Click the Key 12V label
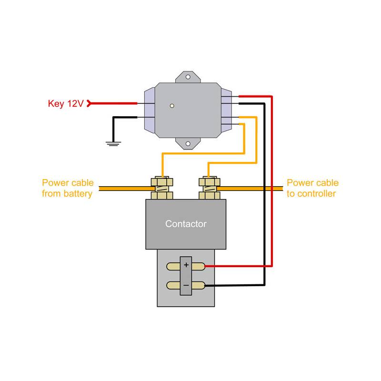(x=66, y=103)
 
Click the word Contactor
(x=186, y=223)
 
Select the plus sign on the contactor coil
(x=186, y=265)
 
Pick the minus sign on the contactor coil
(x=186, y=285)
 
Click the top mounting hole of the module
(x=189, y=77)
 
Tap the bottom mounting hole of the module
(x=189, y=143)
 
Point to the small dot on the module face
(x=172, y=106)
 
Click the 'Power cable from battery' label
(x=67, y=188)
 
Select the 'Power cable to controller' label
(x=312, y=188)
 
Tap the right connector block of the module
(x=226, y=110)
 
